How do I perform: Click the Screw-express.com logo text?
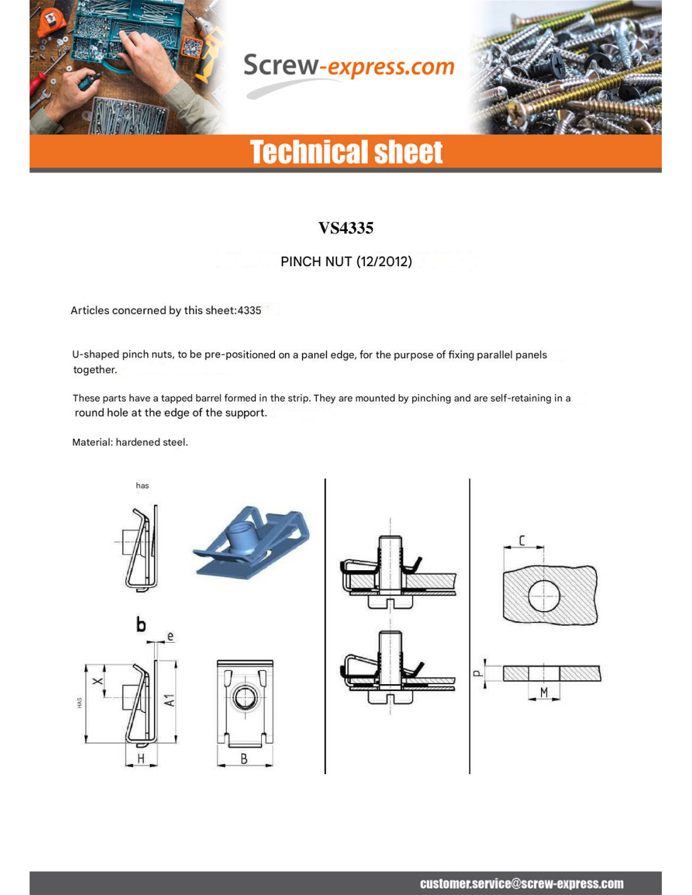pyautogui.click(x=348, y=67)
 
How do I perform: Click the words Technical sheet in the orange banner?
pyautogui.click(x=346, y=152)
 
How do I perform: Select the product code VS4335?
pyautogui.click(x=346, y=228)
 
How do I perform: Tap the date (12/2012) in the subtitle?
pyautogui.click(x=384, y=262)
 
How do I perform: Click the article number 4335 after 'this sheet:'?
pyautogui.click(x=249, y=310)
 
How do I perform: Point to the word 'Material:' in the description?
pyautogui.click(x=92, y=442)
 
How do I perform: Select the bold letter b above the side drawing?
pyautogui.click(x=141, y=624)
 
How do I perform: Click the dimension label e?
pyautogui.click(x=170, y=636)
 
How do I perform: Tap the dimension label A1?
pyautogui.click(x=169, y=700)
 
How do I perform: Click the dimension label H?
pyautogui.click(x=141, y=759)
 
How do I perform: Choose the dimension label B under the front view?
pyautogui.click(x=244, y=759)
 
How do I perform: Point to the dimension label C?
pyautogui.click(x=522, y=541)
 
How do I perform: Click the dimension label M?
pyautogui.click(x=544, y=692)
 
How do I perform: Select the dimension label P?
pyautogui.click(x=477, y=673)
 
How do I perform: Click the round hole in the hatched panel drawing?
pyautogui.click(x=544, y=595)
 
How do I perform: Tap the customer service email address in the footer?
pyautogui.click(x=522, y=884)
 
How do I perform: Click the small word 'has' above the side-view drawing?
pyautogui.click(x=142, y=485)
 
